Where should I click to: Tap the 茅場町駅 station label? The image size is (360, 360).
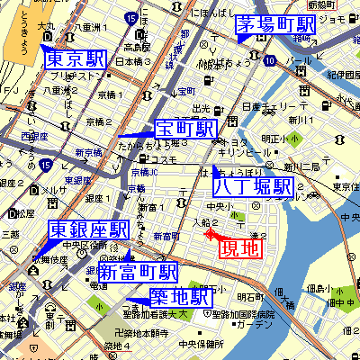(x=275, y=25)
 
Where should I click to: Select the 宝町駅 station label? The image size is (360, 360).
(x=185, y=130)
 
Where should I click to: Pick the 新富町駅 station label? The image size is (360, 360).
(x=138, y=272)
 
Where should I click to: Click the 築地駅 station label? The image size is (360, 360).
(x=180, y=298)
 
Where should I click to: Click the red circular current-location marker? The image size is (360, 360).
(x=211, y=235)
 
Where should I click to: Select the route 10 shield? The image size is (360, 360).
(x=270, y=60)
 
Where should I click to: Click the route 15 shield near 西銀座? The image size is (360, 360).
(x=45, y=164)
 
